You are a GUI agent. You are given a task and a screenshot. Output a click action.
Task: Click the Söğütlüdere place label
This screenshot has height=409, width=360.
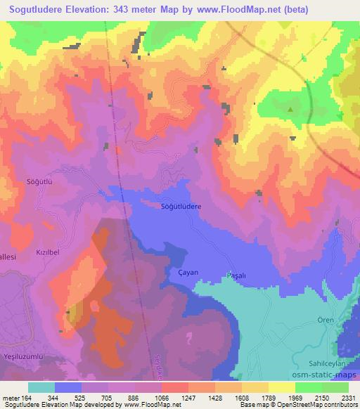pos(181,207)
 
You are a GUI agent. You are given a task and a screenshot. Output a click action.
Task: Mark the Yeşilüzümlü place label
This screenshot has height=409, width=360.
pos(25,356)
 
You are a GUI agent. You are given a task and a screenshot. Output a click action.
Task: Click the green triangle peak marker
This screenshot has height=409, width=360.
pos(290,109)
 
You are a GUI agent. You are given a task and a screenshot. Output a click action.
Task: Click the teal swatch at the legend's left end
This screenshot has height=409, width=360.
pos(41,387)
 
